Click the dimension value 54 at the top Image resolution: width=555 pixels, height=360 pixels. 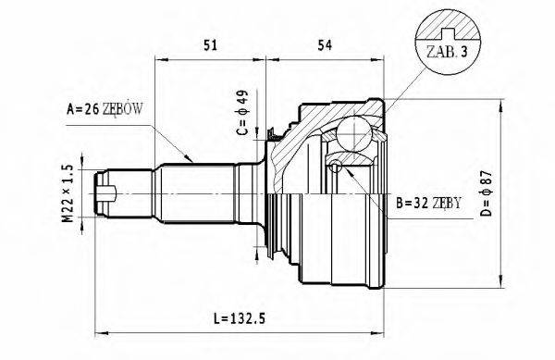(325, 44)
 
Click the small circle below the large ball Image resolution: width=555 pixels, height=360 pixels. (337, 168)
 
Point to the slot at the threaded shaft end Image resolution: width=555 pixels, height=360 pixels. (109, 193)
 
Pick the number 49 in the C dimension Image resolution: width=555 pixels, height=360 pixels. (240, 97)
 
